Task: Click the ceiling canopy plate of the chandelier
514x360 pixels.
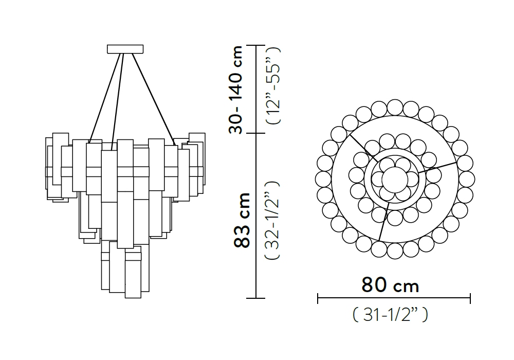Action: click(125, 49)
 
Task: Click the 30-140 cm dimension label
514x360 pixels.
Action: click(236, 89)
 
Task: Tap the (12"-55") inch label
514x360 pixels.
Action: click(273, 85)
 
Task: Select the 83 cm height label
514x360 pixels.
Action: click(242, 220)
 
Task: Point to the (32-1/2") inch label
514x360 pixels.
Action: click(272, 220)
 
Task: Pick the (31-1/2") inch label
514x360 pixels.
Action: click(391, 315)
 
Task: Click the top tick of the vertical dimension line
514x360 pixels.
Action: click(255, 45)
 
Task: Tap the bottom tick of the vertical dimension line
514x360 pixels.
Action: click(255, 298)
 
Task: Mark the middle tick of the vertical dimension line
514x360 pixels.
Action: click(255, 133)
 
